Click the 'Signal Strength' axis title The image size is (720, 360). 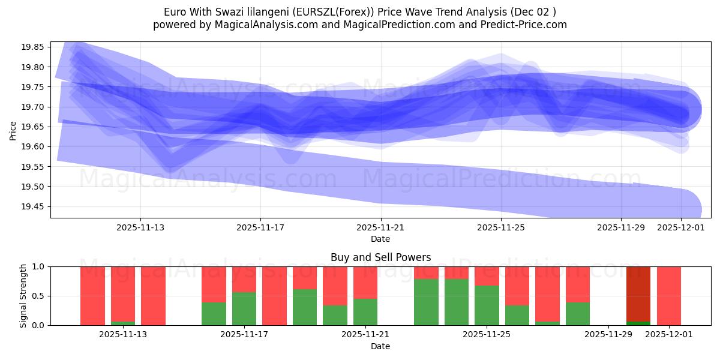(23, 296)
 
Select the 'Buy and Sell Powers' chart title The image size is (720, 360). (380, 257)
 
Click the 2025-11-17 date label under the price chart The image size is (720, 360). (260, 227)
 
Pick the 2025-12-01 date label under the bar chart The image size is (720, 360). (669, 334)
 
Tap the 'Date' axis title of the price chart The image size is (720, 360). (380, 239)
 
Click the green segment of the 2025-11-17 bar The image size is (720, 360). (244, 308)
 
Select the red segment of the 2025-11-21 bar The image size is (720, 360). (365, 282)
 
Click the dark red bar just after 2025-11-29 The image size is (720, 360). (638, 294)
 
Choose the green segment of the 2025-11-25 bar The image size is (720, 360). (487, 305)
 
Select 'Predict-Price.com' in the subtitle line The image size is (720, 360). (527, 25)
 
